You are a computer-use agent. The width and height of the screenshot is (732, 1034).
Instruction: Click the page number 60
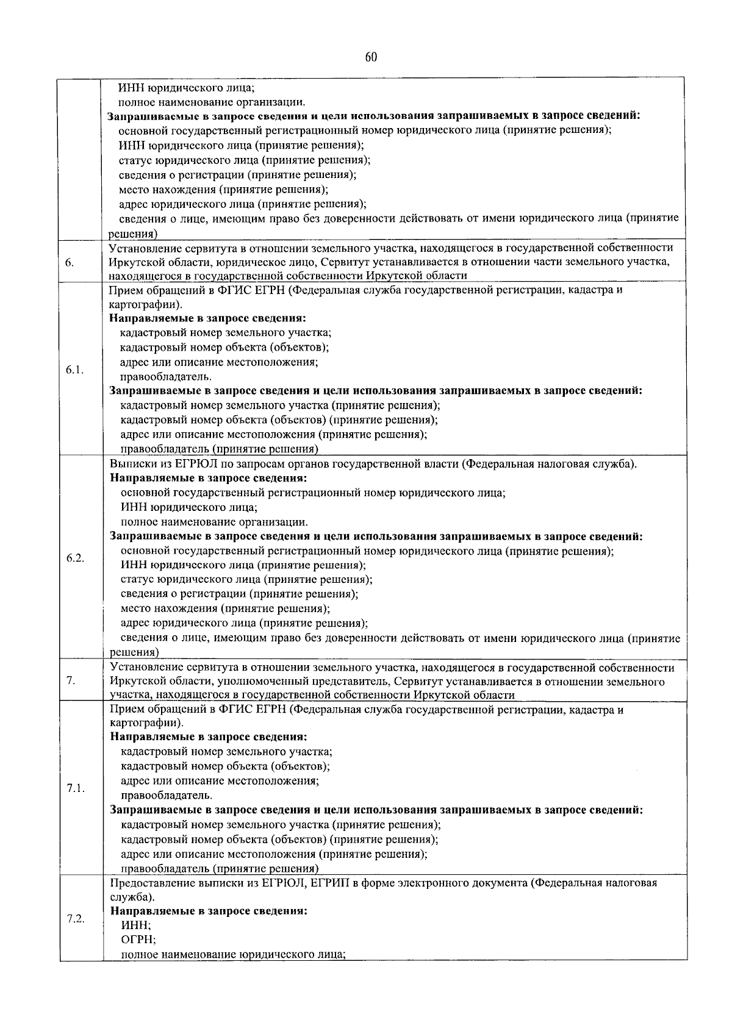[x=371, y=57]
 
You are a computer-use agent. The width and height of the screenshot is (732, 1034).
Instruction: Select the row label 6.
[x=69, y=263]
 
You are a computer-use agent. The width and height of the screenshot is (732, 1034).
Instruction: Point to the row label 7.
[x=70, y=681]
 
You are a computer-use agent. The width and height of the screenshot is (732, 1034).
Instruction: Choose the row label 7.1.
[x=75, y=788]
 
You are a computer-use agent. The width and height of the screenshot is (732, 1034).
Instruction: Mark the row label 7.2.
[x=75, y=919]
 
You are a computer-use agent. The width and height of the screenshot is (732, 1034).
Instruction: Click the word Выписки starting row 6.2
[x=129, y=464]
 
